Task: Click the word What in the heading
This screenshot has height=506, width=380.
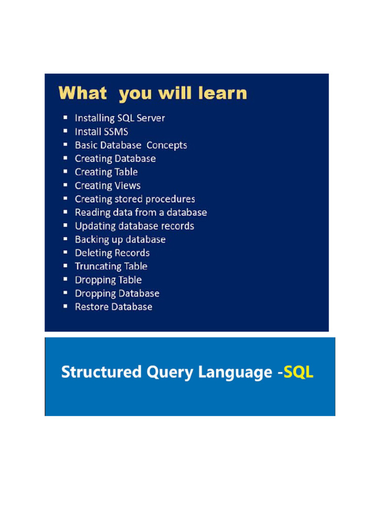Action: pos(83,93)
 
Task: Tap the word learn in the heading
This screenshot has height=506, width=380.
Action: pos(223,93)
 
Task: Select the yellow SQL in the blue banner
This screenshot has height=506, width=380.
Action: pos(298,372)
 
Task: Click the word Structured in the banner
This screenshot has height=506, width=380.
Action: pos(101,372)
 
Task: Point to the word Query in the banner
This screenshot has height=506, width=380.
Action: pos(170,373)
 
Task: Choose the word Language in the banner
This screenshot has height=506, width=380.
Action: pos(235,373)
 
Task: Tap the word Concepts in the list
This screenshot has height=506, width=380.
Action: pos(167,146)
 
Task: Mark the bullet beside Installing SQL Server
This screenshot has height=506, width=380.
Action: pos(65,118)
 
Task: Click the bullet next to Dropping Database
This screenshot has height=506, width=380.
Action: pos(65,293)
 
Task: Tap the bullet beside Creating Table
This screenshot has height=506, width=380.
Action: pos(65,171)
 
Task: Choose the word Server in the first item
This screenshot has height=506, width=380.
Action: pos(150,118)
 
